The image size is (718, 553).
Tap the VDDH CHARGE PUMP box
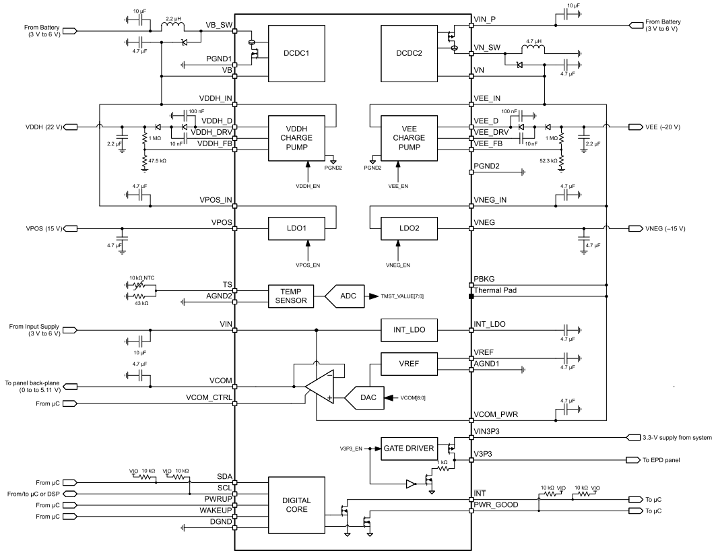point(297,138)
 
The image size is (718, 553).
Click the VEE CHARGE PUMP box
point(409,138)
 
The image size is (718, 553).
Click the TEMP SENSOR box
point(292,296)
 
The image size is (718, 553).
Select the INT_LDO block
point(409,330)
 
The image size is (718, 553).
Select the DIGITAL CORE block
point(297,505)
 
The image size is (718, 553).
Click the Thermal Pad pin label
point(496,291)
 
